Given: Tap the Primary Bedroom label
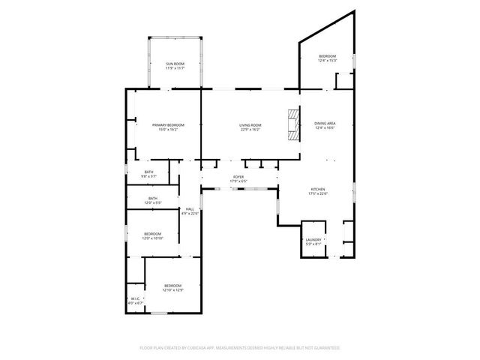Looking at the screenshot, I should point(168,124).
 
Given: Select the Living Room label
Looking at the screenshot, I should point(250,124).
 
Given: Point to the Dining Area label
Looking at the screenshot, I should point(325,123).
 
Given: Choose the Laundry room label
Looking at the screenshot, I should point(313,239).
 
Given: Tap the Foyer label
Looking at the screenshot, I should point(239,178).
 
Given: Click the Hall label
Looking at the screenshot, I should point(190,208).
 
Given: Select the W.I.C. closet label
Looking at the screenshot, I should point(135,298).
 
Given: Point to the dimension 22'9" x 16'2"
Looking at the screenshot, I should point(250,130).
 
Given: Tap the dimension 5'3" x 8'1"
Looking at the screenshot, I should point(313,244).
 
